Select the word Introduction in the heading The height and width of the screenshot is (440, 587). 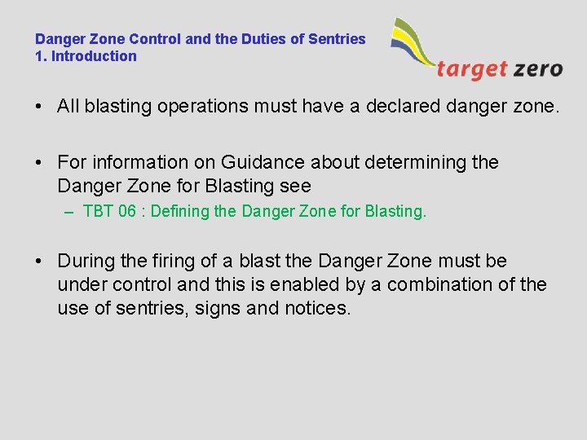tap(94, 56)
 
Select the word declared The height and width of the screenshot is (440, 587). tap(382, 106)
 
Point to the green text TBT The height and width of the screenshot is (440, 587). tap(98, 212)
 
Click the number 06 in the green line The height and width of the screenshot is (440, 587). tap(126, 212)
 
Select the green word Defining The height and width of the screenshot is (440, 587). tap(179, 212)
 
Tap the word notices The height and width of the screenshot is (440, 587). tap(319, 309)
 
